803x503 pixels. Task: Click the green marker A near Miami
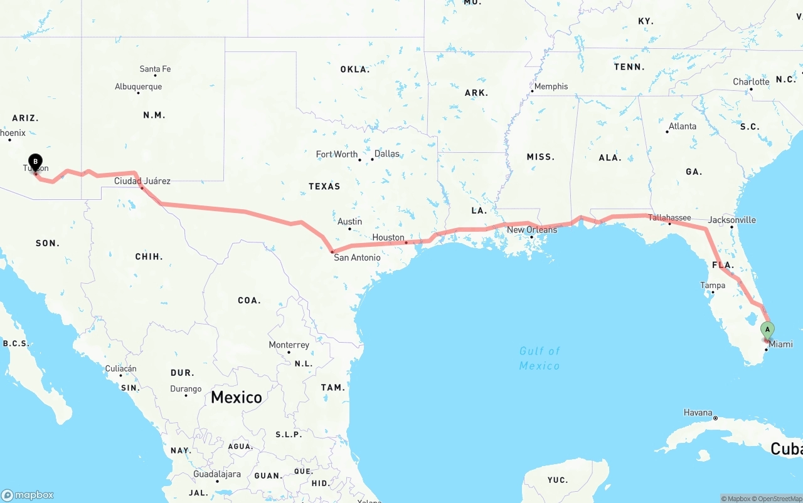point(767,330)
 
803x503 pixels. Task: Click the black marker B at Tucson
point(36,162)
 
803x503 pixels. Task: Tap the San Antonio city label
point(357,257)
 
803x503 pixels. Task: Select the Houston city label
point(388,237)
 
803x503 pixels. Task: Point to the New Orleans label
point(532,230)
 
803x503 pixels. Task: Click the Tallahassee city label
point(669,217)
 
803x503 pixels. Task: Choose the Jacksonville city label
point(731,220)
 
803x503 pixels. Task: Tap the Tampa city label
point(713,286)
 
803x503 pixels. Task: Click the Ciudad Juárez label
point(142,181)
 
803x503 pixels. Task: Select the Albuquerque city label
point(138,86)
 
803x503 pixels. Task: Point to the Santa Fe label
point(155,69)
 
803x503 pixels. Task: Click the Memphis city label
point(551,86)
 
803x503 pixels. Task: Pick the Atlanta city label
point(682,126)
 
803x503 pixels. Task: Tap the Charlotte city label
point(751,82)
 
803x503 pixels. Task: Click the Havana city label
point(698,413)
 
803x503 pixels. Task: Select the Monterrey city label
point(289,345)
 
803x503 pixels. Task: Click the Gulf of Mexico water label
point(540,358)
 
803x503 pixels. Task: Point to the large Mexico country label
point(237,397)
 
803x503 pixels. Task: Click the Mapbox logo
point(28,495)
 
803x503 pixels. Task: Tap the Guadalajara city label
point(217,474)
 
